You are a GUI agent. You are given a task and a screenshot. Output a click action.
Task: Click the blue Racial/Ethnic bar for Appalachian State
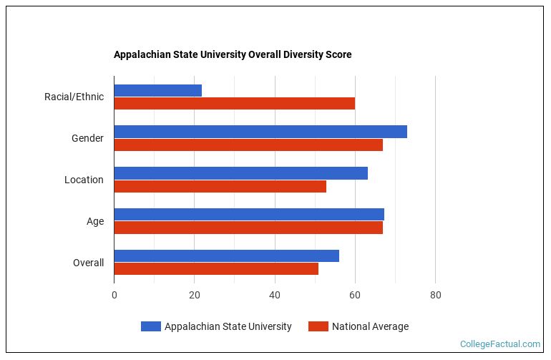point(157,90)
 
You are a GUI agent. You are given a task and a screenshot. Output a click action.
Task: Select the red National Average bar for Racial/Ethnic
point(234,103)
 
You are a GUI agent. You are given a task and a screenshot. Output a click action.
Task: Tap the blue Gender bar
point(260,132)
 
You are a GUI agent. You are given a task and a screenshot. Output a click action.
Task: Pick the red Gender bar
point(248,145)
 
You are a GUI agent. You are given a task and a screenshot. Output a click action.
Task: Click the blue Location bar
point(240,173)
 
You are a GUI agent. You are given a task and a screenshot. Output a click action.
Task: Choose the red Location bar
point(220,186)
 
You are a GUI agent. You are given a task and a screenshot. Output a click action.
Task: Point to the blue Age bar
point(248,215)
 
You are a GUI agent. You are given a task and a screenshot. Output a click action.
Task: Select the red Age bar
point(248,228)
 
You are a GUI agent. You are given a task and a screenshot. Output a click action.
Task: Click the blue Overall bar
point(226,256)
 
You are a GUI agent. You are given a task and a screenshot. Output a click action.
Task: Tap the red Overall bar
point(216,269)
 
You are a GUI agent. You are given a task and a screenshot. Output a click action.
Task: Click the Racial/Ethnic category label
point(74,97)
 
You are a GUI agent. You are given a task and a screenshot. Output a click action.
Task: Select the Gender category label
point(87,138)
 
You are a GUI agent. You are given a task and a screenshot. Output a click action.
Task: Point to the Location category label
point(84,180)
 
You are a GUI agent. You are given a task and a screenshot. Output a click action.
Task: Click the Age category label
point(95,221)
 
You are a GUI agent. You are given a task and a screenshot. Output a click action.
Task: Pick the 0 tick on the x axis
point(114,295)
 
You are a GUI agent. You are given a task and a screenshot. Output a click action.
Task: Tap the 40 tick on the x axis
point(275,295)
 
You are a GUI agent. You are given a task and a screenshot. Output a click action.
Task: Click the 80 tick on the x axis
point(435,295)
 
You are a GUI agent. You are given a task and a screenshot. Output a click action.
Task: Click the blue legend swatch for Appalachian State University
point(150,326)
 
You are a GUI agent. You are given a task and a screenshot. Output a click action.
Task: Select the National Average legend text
point(370,326)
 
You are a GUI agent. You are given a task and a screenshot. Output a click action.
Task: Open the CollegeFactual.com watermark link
point(499,344)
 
